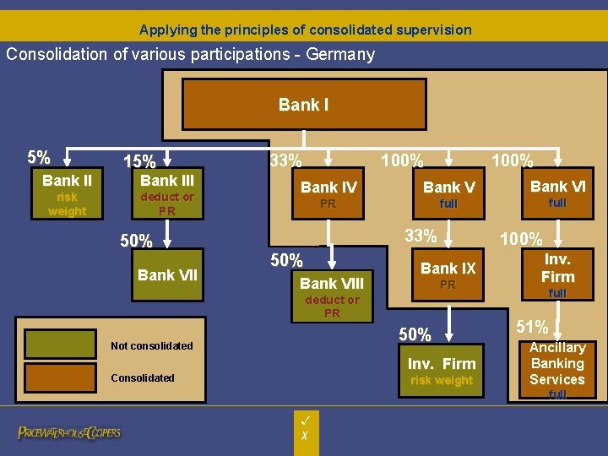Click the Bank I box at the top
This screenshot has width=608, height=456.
click(x=303, y=106)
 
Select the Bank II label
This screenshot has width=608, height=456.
click(x=67, y=181)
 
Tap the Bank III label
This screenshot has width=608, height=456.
click(x=167, y=181)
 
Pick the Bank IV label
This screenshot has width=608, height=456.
click(x=328, y=187)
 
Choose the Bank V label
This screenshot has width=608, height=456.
click(x=448, y=187)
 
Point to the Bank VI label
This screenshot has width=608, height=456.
click(x=557, y=187)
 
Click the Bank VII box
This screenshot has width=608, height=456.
click(x=167, y=274)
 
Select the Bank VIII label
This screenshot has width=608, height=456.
click(x=332, y=284)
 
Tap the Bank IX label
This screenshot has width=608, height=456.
click(x=448, y=269)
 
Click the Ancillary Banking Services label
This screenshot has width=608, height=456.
click(x=557, y=364)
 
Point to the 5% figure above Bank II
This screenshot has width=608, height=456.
click(x=38, y=158)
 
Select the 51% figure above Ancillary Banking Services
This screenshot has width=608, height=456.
click(x=532, y=327)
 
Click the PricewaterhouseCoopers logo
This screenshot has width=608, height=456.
click(x=70, y=432)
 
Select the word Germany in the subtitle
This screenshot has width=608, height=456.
click(x=343, y=55)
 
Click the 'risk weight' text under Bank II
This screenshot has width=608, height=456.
click(x=67, y=204)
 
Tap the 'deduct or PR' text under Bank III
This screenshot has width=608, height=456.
click(x=167, y=204)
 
